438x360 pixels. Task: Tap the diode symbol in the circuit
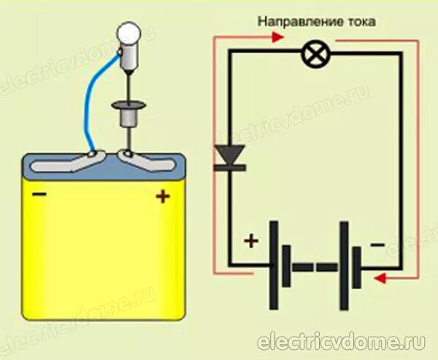(228, 157)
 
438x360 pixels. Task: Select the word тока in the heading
(359, 23)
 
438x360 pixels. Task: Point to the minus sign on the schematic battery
(377, 245)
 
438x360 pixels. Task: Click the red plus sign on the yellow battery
(162, 196)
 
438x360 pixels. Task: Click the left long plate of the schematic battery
(274, 265)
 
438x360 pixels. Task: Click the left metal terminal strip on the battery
(69, 162)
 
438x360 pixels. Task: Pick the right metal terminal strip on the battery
(150, 161)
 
